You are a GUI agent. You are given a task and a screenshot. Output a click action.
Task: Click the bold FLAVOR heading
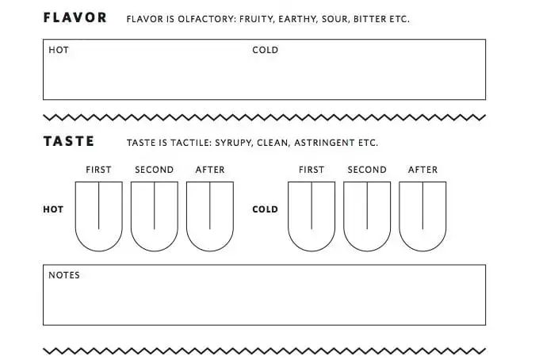(x=75, y=18)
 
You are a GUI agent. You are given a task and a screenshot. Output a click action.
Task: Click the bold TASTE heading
(x=69, y=141)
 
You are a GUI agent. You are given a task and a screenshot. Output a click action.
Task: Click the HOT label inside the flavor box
(x=59, y=50)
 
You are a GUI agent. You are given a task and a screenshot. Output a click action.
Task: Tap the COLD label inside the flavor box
(x=265, y=50)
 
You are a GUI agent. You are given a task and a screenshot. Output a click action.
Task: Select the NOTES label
(x=64, y=275)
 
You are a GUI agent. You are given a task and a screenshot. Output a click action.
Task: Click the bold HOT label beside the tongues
(x=53, y=209)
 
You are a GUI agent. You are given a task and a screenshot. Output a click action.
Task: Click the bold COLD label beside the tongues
(x=265, y=209)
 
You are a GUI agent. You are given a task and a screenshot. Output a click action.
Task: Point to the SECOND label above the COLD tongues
(x=367, y=170)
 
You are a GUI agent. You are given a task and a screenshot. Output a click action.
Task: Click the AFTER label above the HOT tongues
(x=210, y=170)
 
